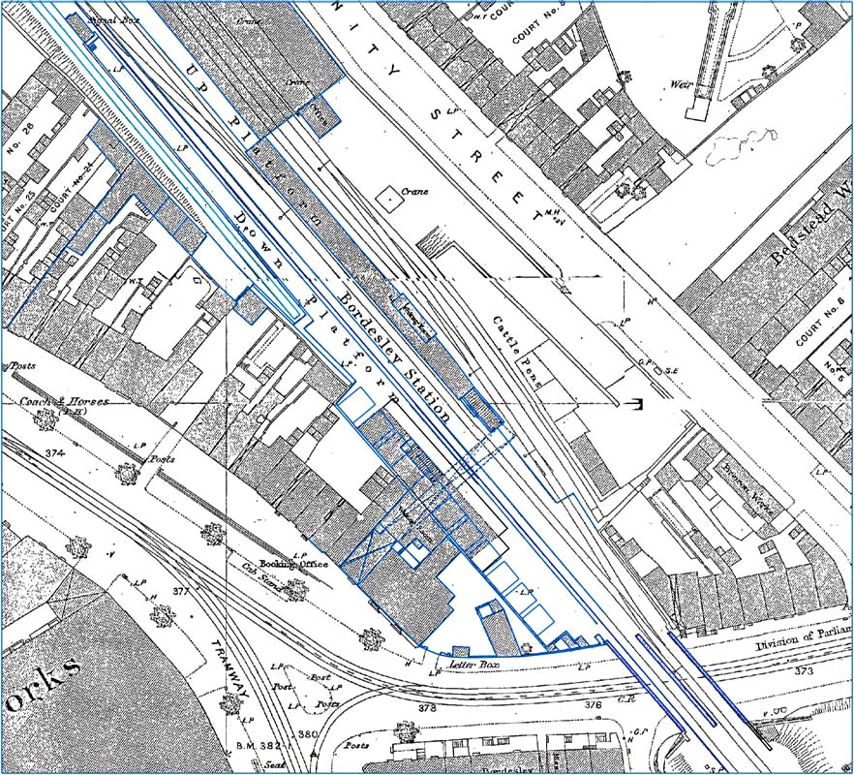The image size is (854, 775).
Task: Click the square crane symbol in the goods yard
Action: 389,197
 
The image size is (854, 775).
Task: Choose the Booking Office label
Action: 299,563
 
